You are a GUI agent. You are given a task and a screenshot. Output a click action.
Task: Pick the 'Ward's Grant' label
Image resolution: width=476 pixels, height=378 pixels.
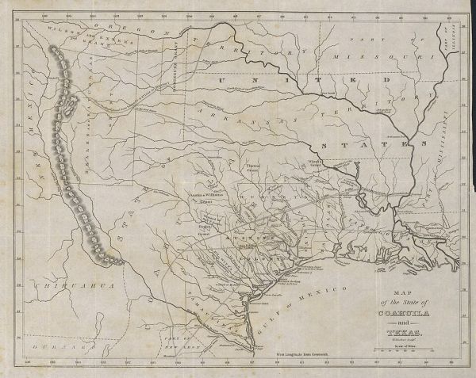(x=319, y=167)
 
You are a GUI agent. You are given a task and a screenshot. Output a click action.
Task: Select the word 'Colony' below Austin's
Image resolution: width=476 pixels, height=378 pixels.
(x=254, y=259)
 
